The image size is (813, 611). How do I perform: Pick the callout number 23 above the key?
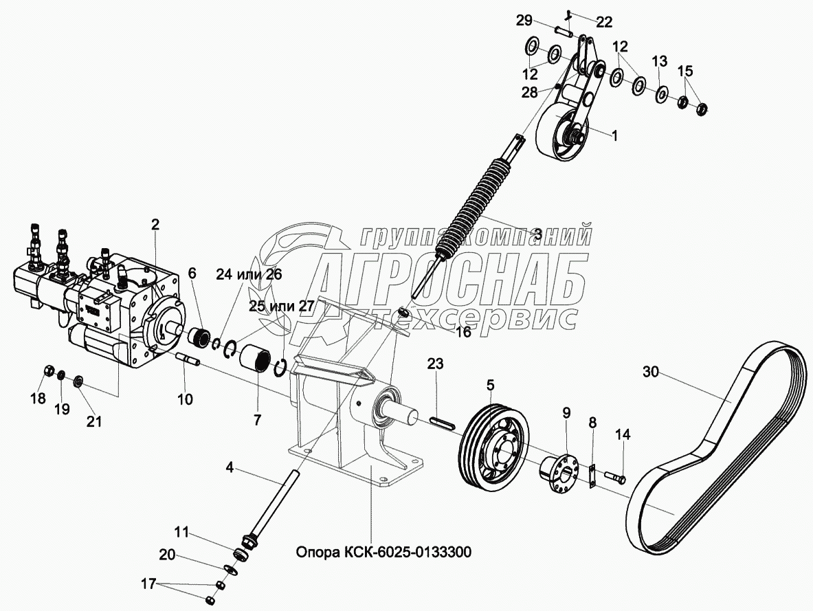[436, 363]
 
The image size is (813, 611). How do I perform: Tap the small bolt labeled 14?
[615, 474]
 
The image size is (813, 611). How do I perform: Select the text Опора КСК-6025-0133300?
[383, 553]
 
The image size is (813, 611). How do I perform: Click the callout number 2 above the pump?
[155, 223]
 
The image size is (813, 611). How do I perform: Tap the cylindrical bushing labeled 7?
[257, 359]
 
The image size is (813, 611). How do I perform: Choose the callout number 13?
[659, 62]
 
